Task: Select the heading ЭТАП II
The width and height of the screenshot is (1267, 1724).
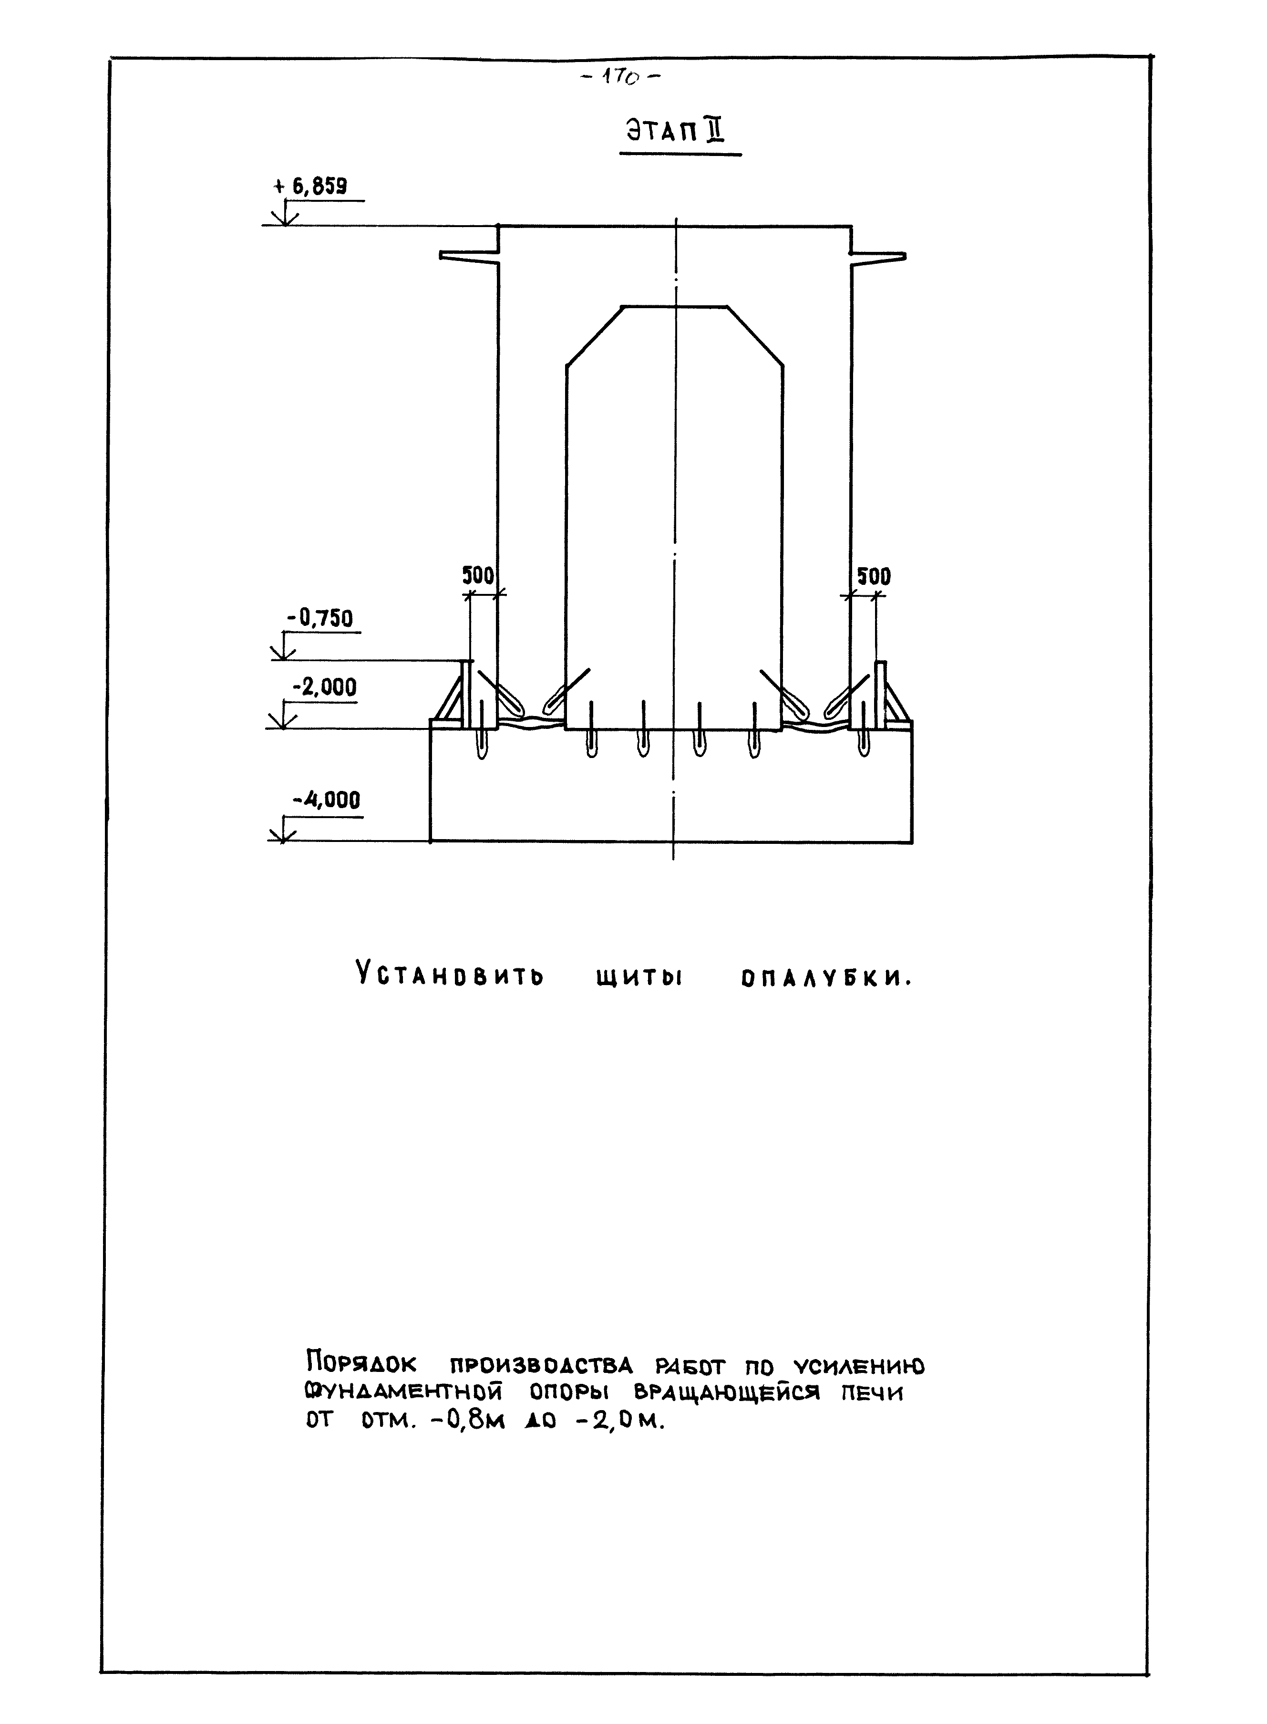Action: click(x=675, y=132)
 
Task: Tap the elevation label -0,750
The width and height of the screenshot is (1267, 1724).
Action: click(x=320, y=618)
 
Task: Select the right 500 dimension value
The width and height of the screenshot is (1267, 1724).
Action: click(x=874, y=576)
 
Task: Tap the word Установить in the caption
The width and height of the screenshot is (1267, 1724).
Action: click(x=450, y=976)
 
